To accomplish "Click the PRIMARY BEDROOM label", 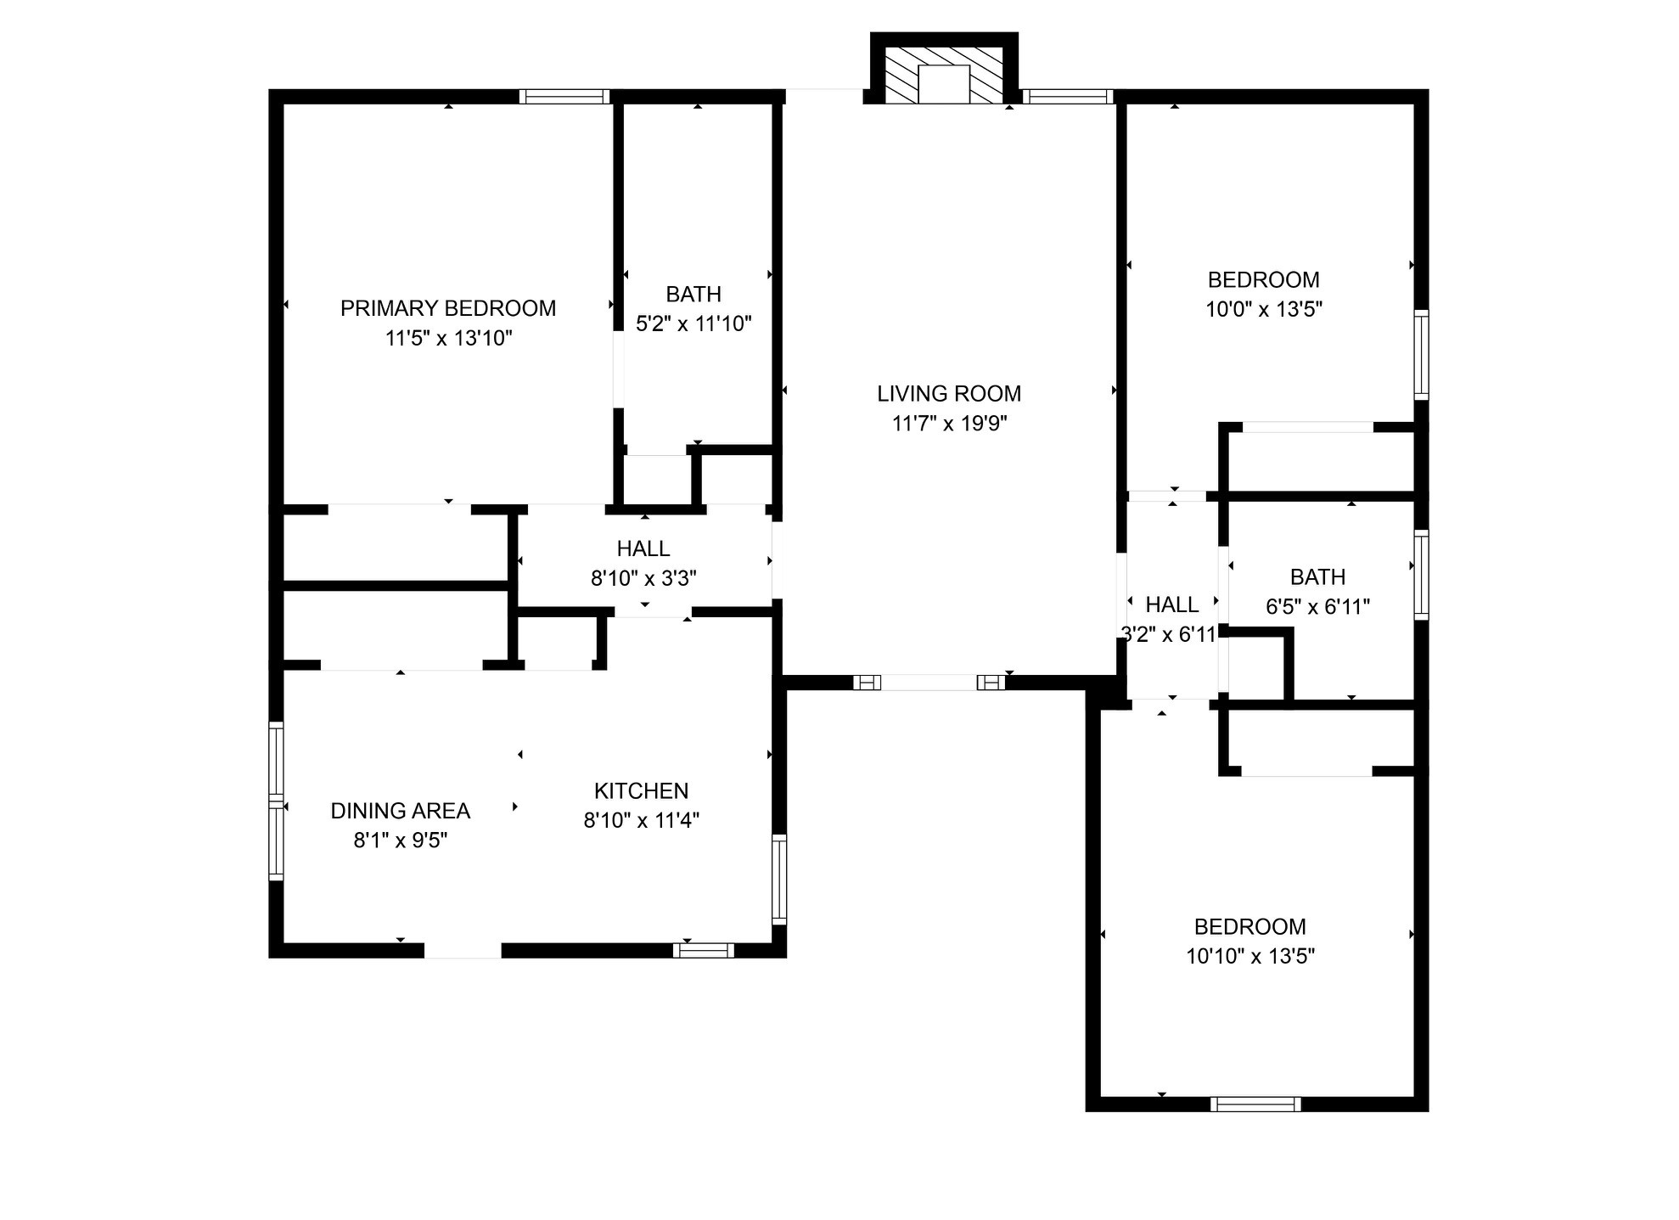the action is point(448,308).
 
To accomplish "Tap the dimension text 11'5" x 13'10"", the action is point(449,339).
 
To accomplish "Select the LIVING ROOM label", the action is point(949,394).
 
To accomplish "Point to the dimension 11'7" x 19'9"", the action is point(949,423).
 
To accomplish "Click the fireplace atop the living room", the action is point(944,69).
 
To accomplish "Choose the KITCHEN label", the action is point(641,791).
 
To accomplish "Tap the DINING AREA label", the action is point(401,811).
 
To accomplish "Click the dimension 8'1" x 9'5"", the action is point(401,841).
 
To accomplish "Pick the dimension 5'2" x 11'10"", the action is point(693,323).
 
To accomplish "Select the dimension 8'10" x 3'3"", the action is point(643,578).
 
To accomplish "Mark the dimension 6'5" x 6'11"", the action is point(1317,607).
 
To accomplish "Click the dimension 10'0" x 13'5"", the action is point(1264,309).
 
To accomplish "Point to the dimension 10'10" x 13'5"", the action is point(1250,957).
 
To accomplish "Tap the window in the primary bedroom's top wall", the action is point(564,97).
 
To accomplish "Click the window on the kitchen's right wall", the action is point(779,879).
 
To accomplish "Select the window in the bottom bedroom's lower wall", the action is point(1255,1104).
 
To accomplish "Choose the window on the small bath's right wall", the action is point(1421,575).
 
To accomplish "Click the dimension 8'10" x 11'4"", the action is point(641,821).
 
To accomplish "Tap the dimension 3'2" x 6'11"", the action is point(1170,634).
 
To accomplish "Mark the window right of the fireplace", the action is point(1068,97).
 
